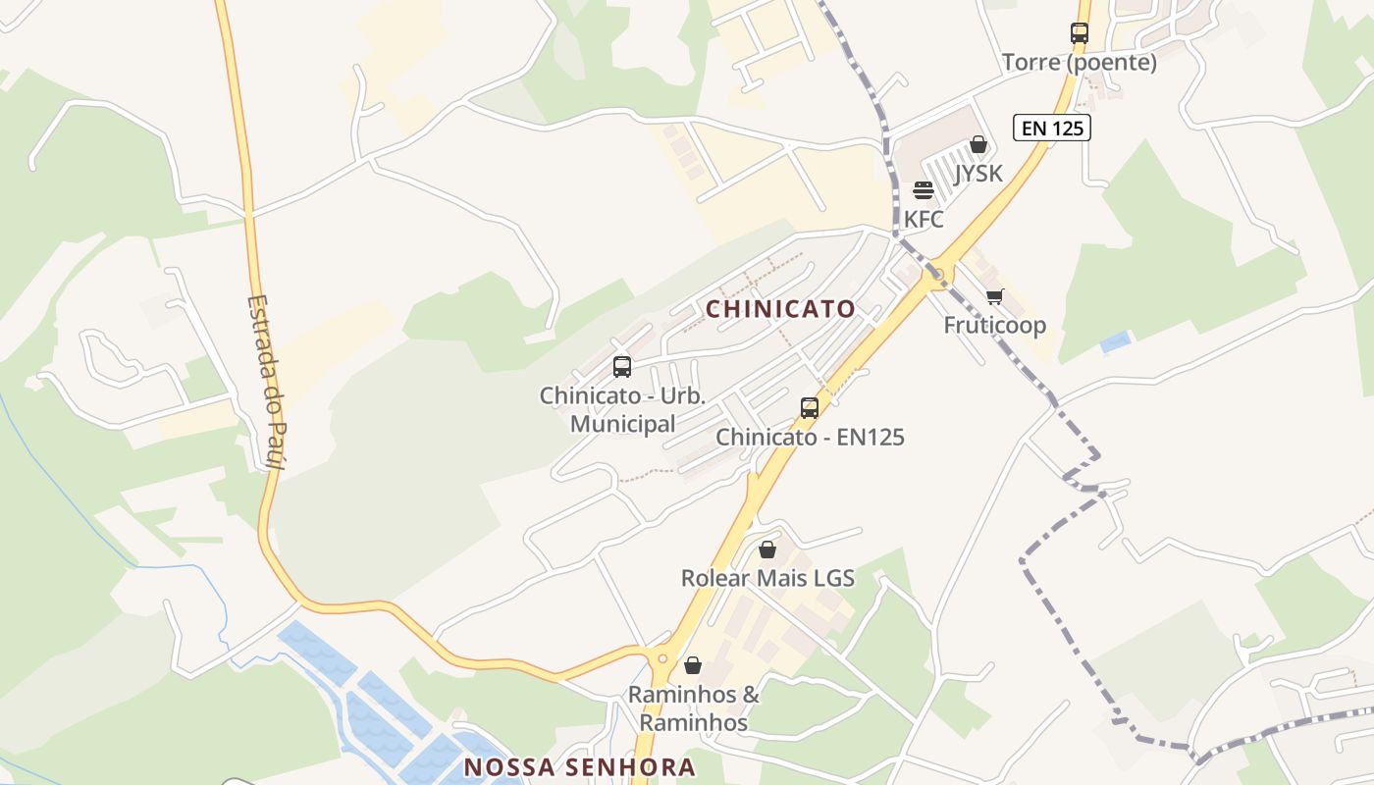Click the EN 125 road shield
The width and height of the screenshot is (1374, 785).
point(1052,128)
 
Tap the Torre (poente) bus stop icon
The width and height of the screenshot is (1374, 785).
point(1080,32)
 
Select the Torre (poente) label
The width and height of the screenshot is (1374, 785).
point(1080,63)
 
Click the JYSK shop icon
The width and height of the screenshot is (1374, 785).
point(978,145)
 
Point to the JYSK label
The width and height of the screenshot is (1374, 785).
point(978,174)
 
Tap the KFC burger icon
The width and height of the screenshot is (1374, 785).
point(923,189)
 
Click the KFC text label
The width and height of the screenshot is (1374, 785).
point(924,219)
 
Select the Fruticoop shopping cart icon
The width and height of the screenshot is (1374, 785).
point(995,296)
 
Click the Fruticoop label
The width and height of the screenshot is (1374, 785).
point(995,325)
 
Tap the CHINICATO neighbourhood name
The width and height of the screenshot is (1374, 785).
point(781,309)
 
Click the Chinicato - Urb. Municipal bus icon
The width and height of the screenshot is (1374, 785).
point(622,367)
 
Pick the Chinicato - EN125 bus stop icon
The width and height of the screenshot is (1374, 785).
point(810,407)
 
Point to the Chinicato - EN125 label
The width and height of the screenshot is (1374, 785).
point(810,437)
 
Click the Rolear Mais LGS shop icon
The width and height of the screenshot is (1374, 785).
point(767,549)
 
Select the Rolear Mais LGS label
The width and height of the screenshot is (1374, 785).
point(767,578)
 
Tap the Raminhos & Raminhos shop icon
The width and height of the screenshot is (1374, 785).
point(693,665)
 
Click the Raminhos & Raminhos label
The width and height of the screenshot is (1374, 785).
point(694,708)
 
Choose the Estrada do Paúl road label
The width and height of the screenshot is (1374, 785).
point(265,383)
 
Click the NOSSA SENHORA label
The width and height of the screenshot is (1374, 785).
point(579,767)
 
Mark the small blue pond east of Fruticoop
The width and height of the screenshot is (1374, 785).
point(1115,342)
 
